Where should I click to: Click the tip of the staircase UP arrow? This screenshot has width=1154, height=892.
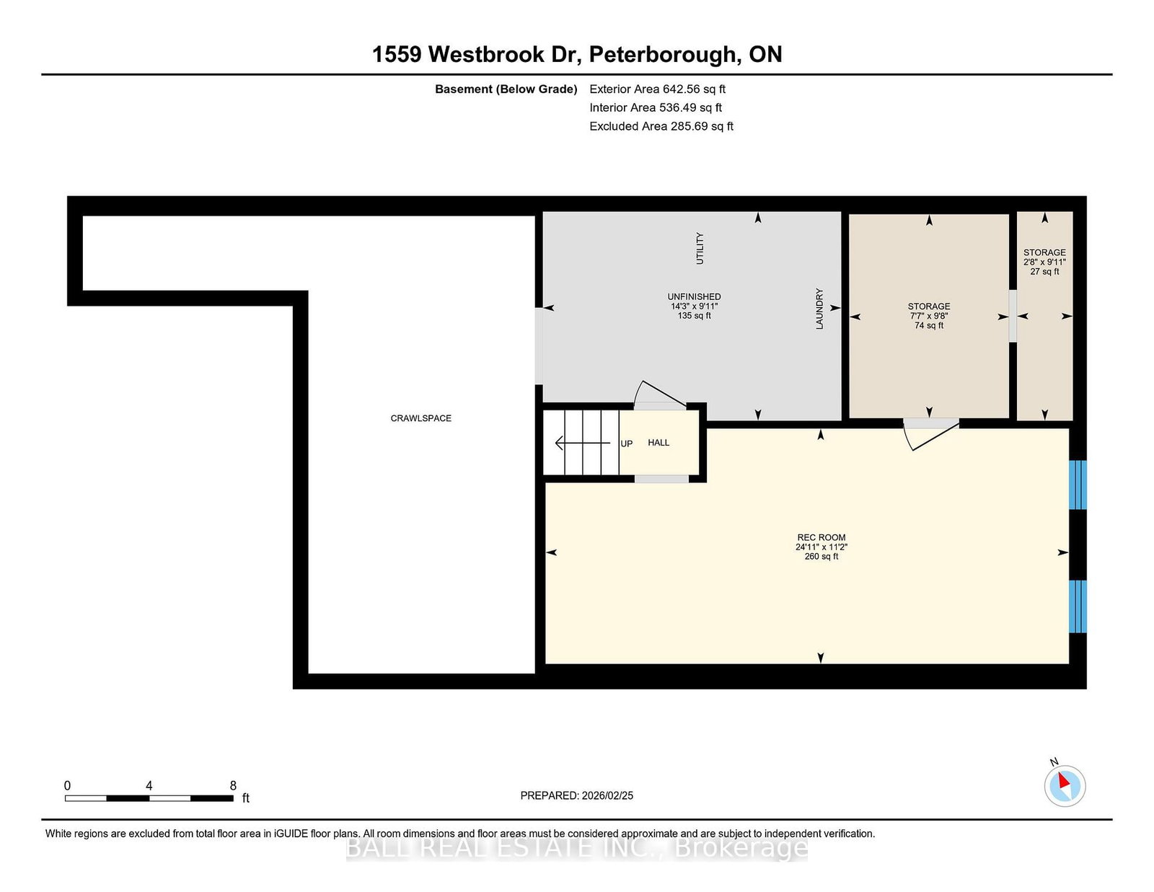coord(555,442)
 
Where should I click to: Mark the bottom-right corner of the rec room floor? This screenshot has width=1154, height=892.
coord(1068,663)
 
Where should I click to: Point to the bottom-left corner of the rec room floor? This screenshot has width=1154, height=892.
coord(546,663)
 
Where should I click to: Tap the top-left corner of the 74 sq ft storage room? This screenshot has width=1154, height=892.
coord(850,214)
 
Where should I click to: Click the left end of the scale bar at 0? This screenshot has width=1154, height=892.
coord(66,798)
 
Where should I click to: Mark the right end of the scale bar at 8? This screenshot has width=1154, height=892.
coord(234,798)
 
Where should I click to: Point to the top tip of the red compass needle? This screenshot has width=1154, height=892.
coord(1060,772)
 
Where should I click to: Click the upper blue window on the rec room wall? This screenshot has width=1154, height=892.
coord(1078,485)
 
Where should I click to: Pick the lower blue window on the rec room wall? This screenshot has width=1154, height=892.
coord(1078,606)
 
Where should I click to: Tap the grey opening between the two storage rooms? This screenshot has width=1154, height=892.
coord(1013,316)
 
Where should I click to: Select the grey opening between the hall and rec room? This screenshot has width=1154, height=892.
coord(661,479)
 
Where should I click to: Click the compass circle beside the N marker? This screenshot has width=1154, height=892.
coord(1065,786)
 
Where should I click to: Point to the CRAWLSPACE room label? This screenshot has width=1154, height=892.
coord(420,418)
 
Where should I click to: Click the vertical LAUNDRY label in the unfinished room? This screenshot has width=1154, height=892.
coord(819,309)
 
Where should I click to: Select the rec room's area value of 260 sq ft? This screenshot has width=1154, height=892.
coord(821,557)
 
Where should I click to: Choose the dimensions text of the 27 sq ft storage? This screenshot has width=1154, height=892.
coord(1044,262)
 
